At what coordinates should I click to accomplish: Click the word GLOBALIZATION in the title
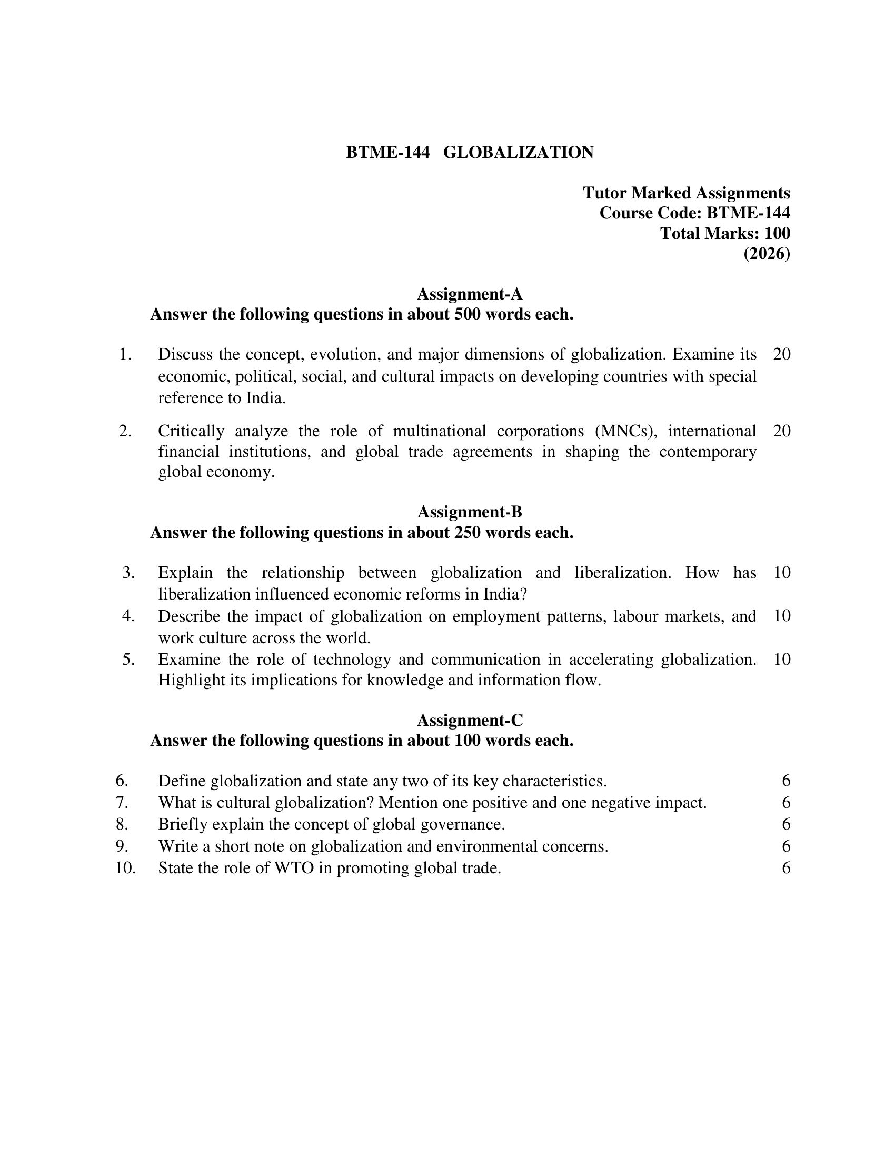tap(518, 153)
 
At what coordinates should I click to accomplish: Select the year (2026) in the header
tap(766, 254)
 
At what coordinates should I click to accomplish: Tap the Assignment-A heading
tap(470, 294)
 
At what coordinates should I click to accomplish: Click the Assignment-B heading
tap(470, 512)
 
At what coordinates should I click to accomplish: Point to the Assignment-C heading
tap(470, 720)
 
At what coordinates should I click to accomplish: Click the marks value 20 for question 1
tap(781, 354)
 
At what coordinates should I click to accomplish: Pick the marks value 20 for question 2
tap(781, 431)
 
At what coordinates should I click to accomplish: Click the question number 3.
tap(128, 573)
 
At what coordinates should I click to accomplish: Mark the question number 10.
tap(126, 868)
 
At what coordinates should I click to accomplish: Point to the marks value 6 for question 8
tap(786, 824)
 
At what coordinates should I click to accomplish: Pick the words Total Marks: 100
tap(725, 233)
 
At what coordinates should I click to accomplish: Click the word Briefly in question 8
tap(183, 824)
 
